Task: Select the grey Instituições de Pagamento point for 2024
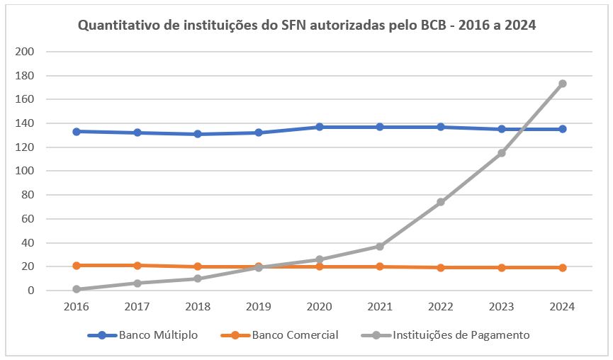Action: coord(563,84)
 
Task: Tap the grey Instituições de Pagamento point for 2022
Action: coord(441,202)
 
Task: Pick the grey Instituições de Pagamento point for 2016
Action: coord(77,289)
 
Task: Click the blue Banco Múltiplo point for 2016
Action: coord(77,131)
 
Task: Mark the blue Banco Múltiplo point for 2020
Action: coord(320,127)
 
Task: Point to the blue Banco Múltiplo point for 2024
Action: coord(563,129)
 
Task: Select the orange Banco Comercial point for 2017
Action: coord(137,265)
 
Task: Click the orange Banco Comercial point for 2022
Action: coord(441,268)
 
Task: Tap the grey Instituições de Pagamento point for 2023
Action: coord(502,153)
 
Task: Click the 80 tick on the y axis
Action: coord(28,195)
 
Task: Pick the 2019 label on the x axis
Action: coord(259,307)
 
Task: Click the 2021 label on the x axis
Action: coord(380,307)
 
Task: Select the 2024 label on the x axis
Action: coord(563,307)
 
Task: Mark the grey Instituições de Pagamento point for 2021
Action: coord(380,246)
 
